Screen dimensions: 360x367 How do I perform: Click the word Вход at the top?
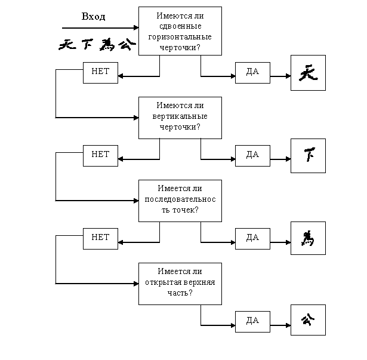click(x=93, y=17)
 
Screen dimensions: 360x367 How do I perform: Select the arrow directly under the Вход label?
click(x=99, y=27)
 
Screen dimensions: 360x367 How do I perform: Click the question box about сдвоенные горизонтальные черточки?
click(x=180, y=31)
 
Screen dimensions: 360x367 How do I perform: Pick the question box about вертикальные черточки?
click(x=180, y=118)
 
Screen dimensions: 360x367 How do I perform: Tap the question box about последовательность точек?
click(x=180, y=200)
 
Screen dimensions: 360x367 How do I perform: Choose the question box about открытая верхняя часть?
click(x=180, y=283)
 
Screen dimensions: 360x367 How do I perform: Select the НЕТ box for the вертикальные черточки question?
click(x=100, y=155)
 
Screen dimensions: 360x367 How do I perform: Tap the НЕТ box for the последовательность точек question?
click(x=100, y=237)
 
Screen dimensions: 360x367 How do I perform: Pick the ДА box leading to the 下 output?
click(x=252, y=155)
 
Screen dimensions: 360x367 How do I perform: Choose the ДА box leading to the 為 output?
click(x=252, y=238)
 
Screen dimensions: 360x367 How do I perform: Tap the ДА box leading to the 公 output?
click(x=252, y=321)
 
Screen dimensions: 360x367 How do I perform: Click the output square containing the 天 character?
click(x=308, y=73)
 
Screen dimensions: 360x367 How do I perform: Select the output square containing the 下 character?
click(x=308, y=156)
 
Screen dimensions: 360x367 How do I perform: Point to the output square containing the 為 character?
click(x=308, y=239)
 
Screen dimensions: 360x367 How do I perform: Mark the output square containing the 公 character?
click(x=308, y=321)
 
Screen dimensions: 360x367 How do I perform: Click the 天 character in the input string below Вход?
click(x=67, y=45)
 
